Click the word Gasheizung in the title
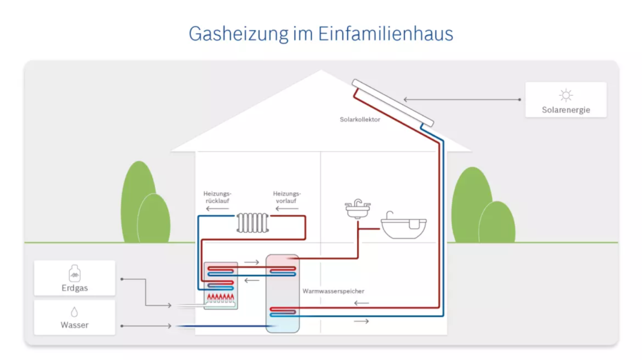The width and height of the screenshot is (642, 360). pos(239,34)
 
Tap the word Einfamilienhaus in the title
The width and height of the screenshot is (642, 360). pos(386,33)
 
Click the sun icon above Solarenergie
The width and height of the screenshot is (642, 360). pos(566,95)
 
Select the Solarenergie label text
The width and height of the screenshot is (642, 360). pos(566,110)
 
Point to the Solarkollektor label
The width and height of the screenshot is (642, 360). pos(360,119)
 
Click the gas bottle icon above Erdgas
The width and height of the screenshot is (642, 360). pos(74,273)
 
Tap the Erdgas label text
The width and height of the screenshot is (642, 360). pos(74,288)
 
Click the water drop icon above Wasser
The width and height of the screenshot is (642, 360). pos(74,312)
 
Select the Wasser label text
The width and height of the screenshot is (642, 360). pos(74,325)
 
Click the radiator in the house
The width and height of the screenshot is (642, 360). pos(253,223)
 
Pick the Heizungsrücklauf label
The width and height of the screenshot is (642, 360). pos(217,197)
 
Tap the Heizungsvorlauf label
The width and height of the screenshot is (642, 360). pos(287,197)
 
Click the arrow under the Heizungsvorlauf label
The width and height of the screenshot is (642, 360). pos(287,209)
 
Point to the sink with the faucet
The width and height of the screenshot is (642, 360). pos(358,209)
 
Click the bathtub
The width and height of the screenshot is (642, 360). pos(403,226)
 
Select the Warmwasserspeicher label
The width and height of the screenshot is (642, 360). pos(333,291)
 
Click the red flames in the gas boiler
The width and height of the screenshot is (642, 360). pos(220,297)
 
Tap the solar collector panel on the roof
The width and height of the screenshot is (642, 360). pos(393,103)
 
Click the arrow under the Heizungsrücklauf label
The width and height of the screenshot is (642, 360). pos(218,209)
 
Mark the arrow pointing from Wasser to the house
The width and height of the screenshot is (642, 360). pos(146,326)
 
